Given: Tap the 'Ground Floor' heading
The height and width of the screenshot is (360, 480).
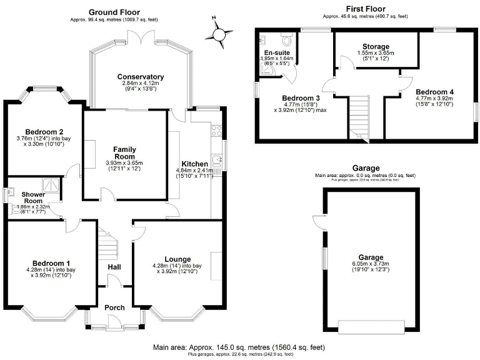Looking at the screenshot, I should point(114,12).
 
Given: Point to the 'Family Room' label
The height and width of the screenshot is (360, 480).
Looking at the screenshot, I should point(124,153).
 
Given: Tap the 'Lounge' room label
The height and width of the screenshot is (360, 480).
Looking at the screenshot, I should point(177,259).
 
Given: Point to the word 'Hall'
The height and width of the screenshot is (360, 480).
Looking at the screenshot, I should point(114,267).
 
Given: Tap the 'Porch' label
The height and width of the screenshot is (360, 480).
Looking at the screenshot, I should point(114,307).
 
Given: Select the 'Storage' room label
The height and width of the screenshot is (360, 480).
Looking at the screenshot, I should point(376,47).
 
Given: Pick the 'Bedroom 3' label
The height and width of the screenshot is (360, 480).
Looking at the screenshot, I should point(301,98).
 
